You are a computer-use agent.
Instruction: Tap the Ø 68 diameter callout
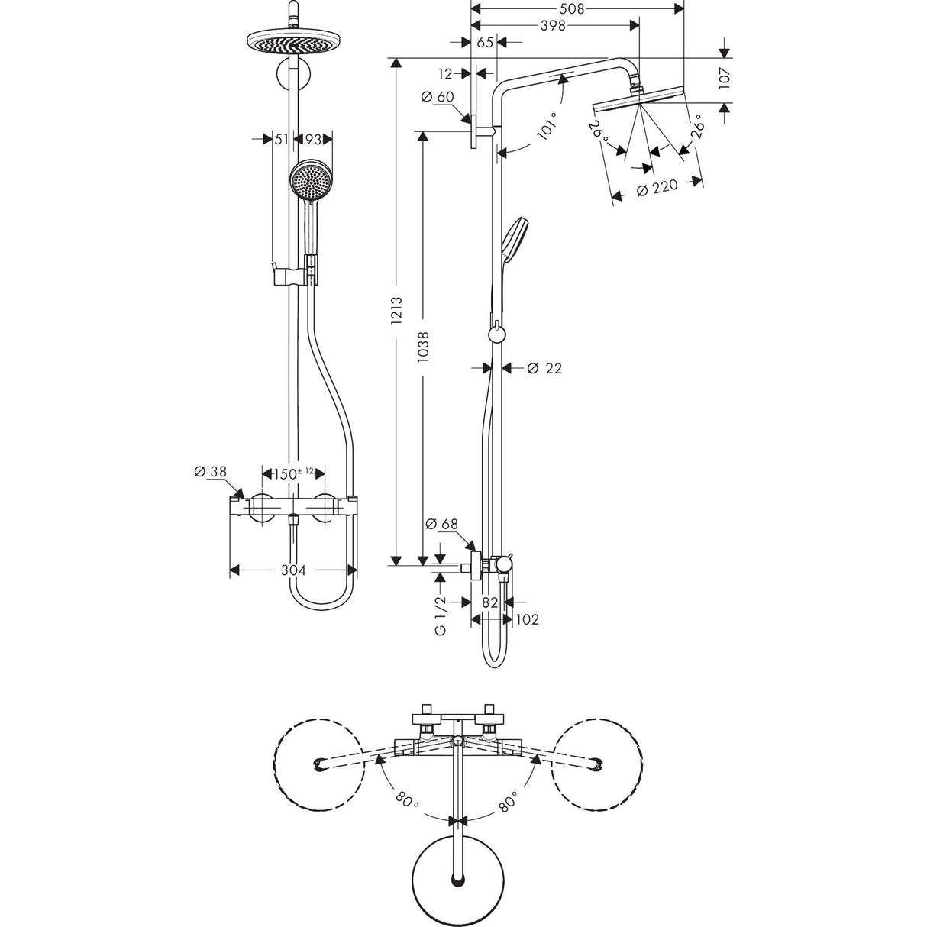pyautogui.click(x=441, y=525)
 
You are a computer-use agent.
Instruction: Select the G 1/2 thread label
pyautogui.click(x=441, y=616)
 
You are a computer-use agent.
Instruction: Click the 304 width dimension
pyautogui.click(x=293, y=570)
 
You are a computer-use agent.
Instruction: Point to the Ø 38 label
pyautogui.click(x=211, y=473)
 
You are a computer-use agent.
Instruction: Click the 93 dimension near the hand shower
pyautogui.click(x=313, y=139)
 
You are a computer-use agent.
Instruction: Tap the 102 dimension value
pyautogui.click(x=528, y=619)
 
